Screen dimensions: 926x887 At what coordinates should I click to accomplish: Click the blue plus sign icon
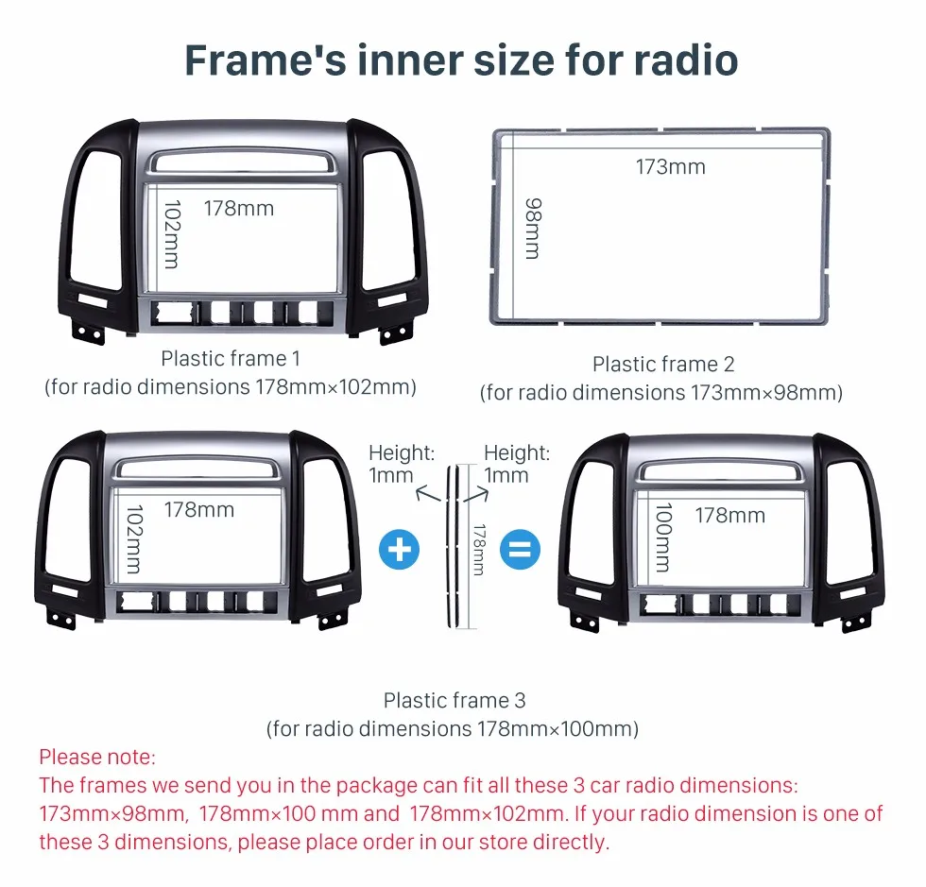tap(399, 550)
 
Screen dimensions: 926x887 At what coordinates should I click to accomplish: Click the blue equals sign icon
tap(520, 550)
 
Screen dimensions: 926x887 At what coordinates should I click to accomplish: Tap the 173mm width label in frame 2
tap(670, 167)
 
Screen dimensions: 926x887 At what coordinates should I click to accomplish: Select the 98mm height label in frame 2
tap(533, 229)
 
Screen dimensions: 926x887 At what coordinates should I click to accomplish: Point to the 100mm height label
tap(663, 537)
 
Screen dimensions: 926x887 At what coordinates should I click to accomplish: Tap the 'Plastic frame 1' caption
tap(231, 358)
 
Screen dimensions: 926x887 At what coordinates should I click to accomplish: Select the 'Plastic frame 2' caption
tap(663, 365)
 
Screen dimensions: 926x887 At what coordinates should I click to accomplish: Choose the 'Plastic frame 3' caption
tap(454, 700)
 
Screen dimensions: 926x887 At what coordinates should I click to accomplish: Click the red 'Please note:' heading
tap(97, 757)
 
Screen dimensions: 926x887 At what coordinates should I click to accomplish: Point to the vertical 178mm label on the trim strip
tap(479, 550)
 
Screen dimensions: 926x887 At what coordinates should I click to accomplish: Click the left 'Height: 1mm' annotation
tap(401, 464)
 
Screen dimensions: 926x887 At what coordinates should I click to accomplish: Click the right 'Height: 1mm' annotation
tap(516, 464)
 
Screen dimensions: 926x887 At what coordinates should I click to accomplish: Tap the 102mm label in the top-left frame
tap(172, 234)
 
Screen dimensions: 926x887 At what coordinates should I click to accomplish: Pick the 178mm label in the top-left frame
tap(238, 209)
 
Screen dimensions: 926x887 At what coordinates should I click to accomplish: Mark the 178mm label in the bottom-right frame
tap(729, 516)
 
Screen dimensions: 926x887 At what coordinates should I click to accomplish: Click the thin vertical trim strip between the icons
tap(453, 546)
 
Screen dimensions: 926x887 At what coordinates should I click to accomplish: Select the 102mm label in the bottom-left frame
tap(134, 538)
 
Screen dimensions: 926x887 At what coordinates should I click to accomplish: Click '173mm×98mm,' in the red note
tap(114, 814)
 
